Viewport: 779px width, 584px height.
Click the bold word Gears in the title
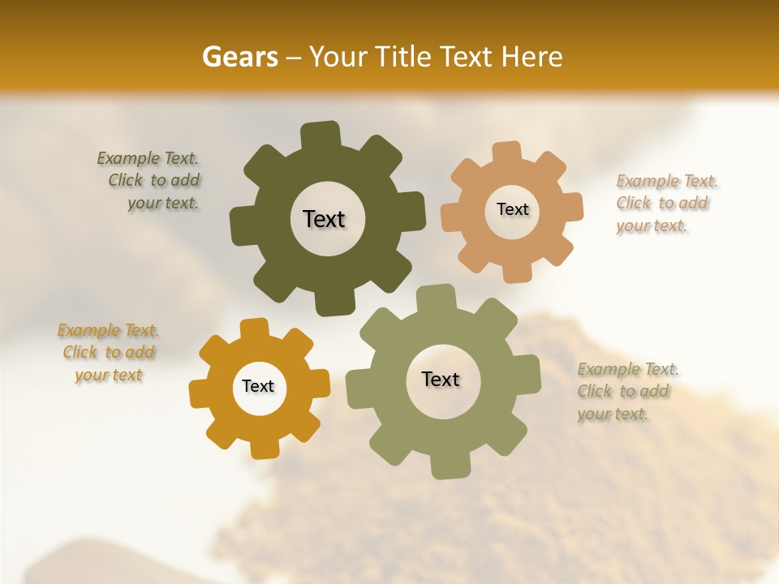coord(239,57)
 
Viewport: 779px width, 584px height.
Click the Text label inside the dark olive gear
coord(324,219)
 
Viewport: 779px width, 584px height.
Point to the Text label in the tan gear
coord(512,209)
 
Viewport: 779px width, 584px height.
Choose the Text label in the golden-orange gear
coord(258,386)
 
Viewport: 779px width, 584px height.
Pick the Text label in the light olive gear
coord(441,379)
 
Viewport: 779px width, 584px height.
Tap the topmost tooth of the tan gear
coord(507,152)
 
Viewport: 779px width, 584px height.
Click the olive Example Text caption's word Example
coord(128,158)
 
